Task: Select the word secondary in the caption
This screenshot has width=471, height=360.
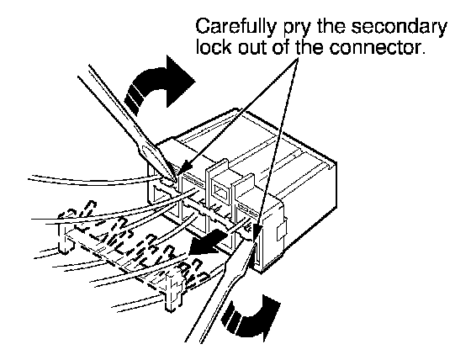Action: (400, 28)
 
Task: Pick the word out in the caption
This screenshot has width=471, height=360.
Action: (252, 47)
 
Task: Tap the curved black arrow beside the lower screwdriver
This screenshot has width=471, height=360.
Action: (251, 319)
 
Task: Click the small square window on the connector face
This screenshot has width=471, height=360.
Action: (220, 193)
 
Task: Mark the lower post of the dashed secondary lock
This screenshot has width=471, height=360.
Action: (172, 293)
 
